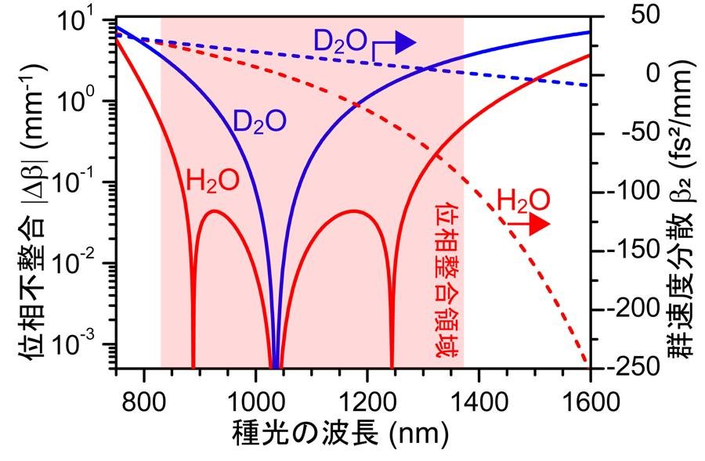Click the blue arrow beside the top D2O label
[x=401, y=45]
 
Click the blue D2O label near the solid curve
[x=259, y=121]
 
